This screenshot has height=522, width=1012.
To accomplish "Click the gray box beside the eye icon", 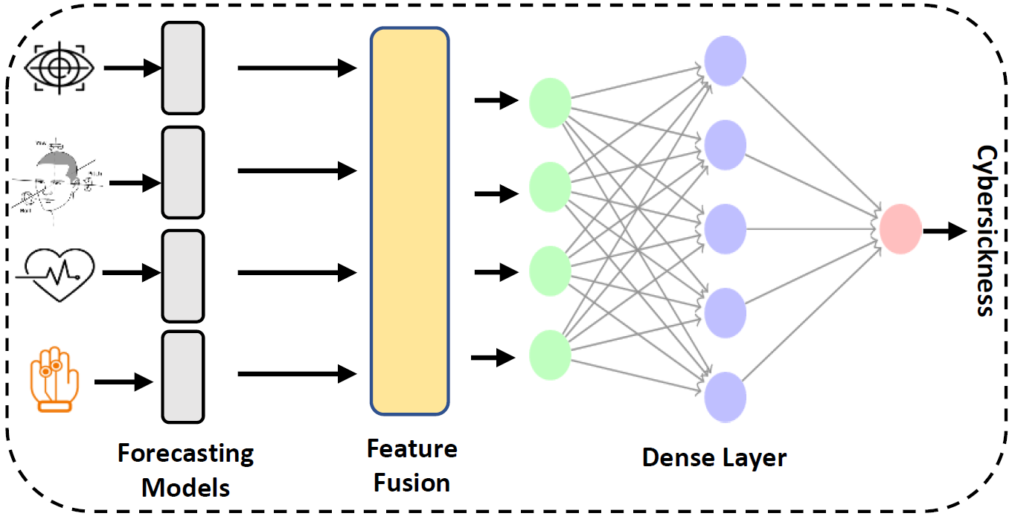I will tap(182, 68).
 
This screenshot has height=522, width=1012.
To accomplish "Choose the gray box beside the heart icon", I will tap(182, 274).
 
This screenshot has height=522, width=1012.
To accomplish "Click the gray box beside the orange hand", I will tap(182, 376).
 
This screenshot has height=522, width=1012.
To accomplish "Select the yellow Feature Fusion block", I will tap(410, 221).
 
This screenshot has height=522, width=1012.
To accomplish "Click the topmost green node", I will tap(550, 103).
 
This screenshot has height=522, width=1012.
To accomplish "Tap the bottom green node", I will tap(550, 355).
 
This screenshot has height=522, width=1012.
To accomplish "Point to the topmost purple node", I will tap(726, 59).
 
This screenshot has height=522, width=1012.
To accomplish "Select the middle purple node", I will tap(726, 228).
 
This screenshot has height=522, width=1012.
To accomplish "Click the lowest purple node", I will tap(726, 398).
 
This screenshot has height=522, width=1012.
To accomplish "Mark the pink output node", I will tap(900, 228).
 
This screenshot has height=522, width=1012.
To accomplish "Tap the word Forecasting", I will tap(185, 454).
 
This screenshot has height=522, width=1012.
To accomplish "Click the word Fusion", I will tap(411, 483).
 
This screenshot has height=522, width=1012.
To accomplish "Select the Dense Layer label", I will tap(714, 458).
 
